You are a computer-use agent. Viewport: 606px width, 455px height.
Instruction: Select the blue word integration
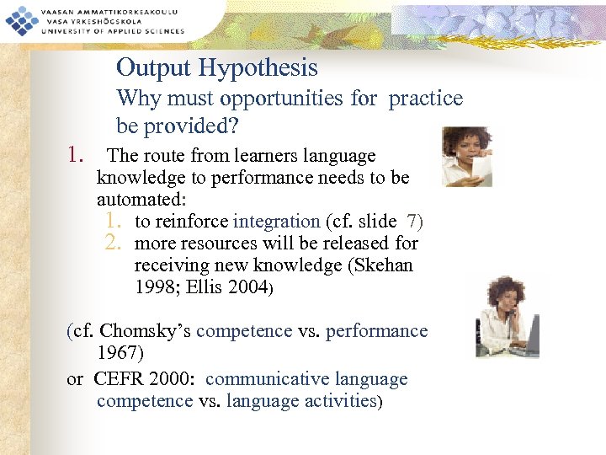point(276,222)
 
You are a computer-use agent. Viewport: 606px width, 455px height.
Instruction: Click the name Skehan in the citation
point(385,265)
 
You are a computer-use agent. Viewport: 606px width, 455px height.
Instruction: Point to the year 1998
point(159,287)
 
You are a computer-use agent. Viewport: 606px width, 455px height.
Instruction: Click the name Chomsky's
point(145,331)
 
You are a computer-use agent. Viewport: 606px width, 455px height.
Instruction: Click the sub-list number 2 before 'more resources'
point(114,244)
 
